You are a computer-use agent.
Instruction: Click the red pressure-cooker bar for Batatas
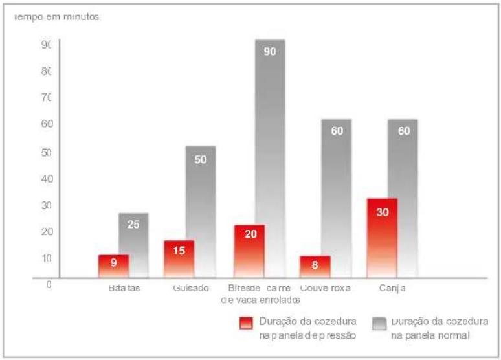[113, 266]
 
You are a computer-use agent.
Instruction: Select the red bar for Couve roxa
[315, 267]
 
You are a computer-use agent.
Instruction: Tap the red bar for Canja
[382, 238]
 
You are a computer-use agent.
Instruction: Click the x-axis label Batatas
[124, 288]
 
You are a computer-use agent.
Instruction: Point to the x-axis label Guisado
[191, 288]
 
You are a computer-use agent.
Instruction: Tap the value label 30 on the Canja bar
[382, 212]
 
